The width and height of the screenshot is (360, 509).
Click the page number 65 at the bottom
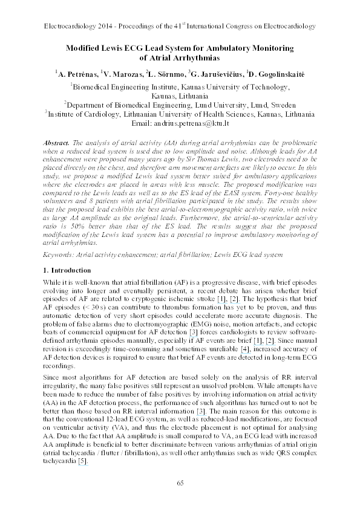180,482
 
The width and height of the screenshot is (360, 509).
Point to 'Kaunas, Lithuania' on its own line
179,95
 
